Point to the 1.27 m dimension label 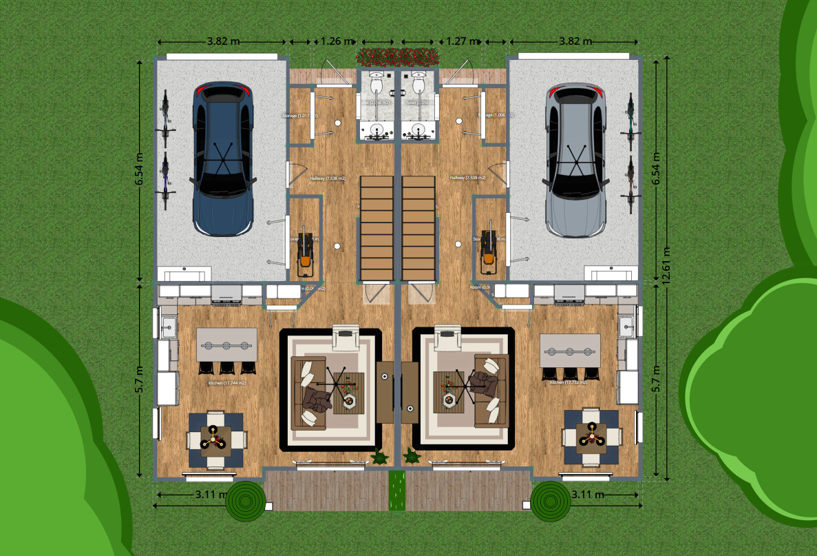tap(459, 41)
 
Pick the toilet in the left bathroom tap(376, 83)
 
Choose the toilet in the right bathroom tap(418, 83)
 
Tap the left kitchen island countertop tap(226, 344)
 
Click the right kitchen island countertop tap(569, 349)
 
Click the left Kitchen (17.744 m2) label tap(228, 383)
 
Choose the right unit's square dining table tap(591, 436)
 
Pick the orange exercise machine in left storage tap(304, 250)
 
